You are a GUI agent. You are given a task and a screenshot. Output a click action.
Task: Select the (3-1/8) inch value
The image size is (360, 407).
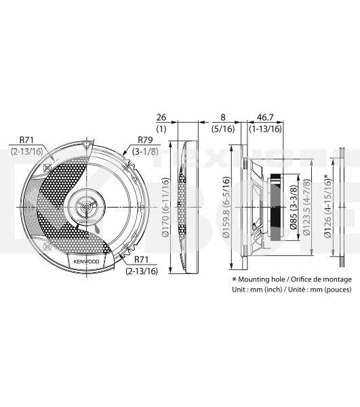point(146,151)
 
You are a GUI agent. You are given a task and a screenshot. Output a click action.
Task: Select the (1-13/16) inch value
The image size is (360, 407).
point(266,128)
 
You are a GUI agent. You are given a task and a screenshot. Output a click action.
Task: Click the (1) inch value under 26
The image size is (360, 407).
point(161,128)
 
